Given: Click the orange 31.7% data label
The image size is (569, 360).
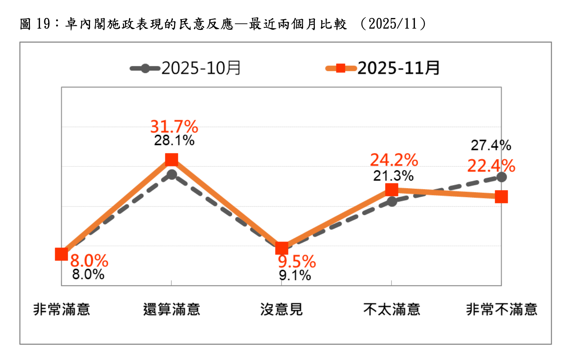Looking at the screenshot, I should pyautogui.click(x=174, y=127).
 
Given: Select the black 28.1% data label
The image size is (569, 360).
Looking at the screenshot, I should pyautogui.click(x=174, y=140).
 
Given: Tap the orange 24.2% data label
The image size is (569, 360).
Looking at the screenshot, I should pyautogui.click(x=394, y=160).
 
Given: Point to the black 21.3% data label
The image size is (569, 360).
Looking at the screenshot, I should pyautogui.click(x=393, y=176).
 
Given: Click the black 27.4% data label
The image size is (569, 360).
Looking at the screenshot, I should pyautogui.click(x=491, y=145).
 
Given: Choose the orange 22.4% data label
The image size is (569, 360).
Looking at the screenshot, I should pyautogui.click(x=491, y=166).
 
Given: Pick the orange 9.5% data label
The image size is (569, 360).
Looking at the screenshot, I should pyautogui.click(x=297, y=262).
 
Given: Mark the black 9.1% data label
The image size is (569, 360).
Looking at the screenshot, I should pyautogui.click(x=295, y=275).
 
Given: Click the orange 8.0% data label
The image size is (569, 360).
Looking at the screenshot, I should pyautogui.click(x=89, y=261).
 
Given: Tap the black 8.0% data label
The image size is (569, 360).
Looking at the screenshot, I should pyautogui.click(x=88, y=274).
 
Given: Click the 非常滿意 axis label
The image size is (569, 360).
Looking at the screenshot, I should pyautogui.click(x=62, y=309).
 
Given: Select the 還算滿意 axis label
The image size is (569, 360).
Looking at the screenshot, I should pyautogui.click(x=171, y=309).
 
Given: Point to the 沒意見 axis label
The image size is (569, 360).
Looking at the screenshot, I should pyautogui.click(x=282, y=309).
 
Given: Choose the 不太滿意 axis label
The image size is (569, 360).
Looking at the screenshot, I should pyautogui.click(x=392, y=309).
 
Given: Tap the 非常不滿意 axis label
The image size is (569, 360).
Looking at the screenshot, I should pyautogui.click(x=502, y=309).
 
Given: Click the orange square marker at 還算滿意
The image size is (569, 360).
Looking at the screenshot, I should pyautogui.click(x=171, y=159).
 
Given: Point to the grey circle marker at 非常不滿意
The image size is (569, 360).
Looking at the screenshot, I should pyautogui.click(x=501, y=177).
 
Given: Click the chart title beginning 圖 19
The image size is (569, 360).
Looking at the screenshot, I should pyautogui.click(x=223, y=24).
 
